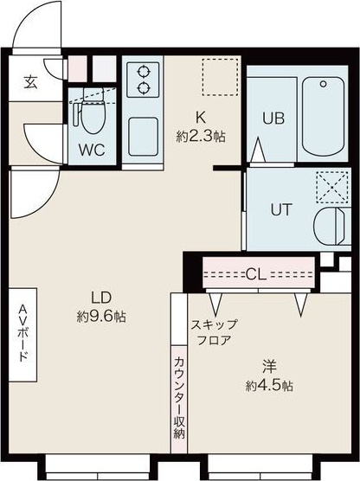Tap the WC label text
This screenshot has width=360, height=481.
click(92, 149)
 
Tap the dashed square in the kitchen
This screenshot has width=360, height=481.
click(218, 76)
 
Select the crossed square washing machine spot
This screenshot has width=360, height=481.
click(330, 185)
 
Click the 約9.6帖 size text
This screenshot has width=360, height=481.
click(101, 317)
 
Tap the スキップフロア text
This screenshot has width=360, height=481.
click(213, 332)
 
